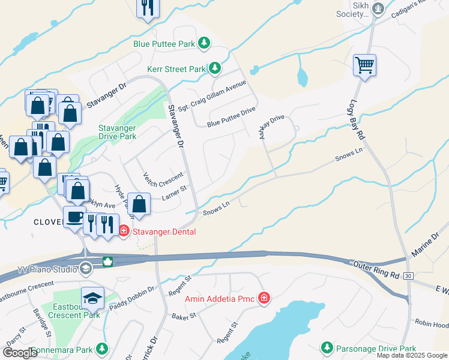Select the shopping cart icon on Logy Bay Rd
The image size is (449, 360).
tap(364, 64)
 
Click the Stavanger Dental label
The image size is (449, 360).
tap(163, 232)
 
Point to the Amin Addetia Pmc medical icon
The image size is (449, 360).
tap(263, 298)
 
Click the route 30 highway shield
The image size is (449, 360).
tap(408, 275)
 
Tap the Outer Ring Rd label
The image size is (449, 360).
tap(377, 268)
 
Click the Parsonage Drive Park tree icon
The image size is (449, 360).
tap(327, 348)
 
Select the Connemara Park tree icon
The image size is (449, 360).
tap(102, 349)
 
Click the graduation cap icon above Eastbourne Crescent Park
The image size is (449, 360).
tap(93, 298)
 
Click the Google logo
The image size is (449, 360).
tap(20, 353)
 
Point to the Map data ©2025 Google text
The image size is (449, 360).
tap(412, 355)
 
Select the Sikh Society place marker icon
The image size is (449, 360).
tap(378, 8)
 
